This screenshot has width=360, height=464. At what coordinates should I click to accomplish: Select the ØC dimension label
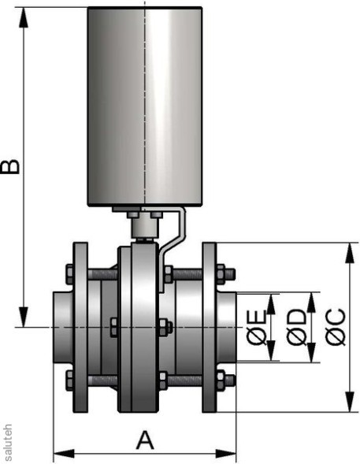point(334,328)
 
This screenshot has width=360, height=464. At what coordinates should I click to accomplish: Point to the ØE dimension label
point(256,328)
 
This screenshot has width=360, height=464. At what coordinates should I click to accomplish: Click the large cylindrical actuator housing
point(145,107)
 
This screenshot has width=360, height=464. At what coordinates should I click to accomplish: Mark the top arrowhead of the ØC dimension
point(348,249)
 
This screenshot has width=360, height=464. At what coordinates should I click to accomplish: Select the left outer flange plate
point(81,327)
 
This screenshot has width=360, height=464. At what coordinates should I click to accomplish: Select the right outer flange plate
point(210,327)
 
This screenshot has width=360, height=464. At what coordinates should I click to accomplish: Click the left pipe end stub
point(62,327)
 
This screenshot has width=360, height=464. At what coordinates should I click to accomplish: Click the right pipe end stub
point(227,327)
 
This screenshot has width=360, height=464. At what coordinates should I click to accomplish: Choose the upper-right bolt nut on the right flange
point(228,275)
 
